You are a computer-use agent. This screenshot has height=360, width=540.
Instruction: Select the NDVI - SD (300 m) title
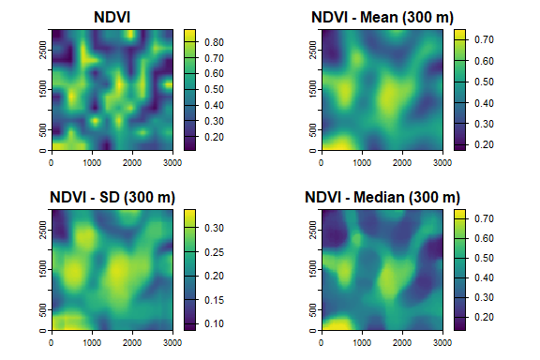point(112,198)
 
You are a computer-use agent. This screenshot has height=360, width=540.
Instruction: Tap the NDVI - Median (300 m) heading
point(382,198)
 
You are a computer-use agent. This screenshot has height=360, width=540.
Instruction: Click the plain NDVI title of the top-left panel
point(112,18)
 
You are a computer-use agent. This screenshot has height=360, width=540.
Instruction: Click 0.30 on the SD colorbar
point(213,227)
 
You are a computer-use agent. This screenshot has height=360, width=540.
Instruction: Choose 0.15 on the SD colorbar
point(213,300)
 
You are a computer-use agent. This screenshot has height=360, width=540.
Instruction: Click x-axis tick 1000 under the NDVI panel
point(91,163)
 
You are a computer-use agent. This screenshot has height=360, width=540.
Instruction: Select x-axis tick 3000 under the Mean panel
point(442,163)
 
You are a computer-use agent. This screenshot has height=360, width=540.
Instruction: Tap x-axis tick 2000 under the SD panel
point(132,343)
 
